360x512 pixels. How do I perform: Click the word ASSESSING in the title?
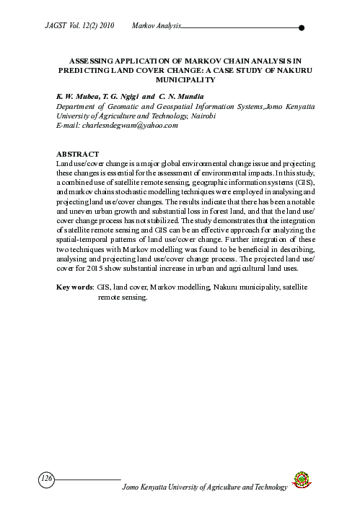(x=92, y=63)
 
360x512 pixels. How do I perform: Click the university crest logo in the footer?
(x=301, y=480)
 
